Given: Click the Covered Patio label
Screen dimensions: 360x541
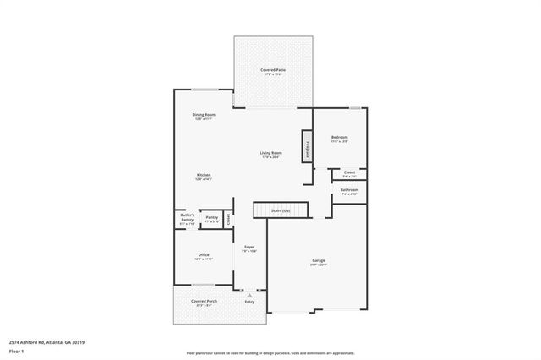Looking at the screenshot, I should pyautogui.click(x=272, y=71).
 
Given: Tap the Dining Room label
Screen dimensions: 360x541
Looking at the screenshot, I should pyautogui.click(x=204, y=115).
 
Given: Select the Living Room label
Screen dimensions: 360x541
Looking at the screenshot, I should pyautogui.click(x=270, y=153).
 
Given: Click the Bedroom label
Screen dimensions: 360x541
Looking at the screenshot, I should pyautogui.click(x=339, y=137).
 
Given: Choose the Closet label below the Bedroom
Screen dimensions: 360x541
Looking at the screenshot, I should pyautogui.click(x=349, y=172).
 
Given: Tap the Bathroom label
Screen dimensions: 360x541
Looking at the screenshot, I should pyautogui.click(x=349, y=190).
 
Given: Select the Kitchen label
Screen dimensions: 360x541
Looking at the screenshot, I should pyautogui.click(x=203, y=175).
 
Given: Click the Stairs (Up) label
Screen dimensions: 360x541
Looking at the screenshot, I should pyautogui.click(x=281, y=210).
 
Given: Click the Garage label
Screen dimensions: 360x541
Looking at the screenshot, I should pyautogui.click(x=319, y=261).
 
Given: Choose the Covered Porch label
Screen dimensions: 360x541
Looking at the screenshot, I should pyautogui.click(x=204, y=301).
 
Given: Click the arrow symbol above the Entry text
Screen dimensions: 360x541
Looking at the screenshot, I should pyautogui.click(x=249, y=295).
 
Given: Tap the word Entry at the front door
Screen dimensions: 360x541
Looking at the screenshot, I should pyautogui.click(x=249, y=302).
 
